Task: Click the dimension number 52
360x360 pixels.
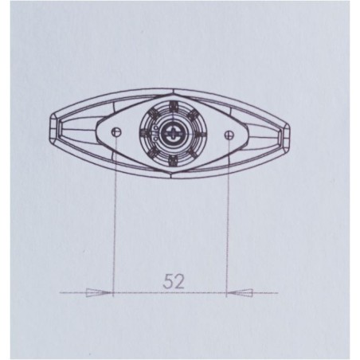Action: (171, 280)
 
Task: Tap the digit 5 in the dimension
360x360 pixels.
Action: (166, 280)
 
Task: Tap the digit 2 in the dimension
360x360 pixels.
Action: (177, 280)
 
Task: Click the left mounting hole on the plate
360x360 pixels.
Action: (116, 133)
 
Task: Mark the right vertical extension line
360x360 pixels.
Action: (228, 215)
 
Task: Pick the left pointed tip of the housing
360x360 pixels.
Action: (52, 132)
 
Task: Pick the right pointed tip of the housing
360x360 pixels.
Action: (290, 132)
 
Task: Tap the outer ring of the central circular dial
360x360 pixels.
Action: (171, 108)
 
